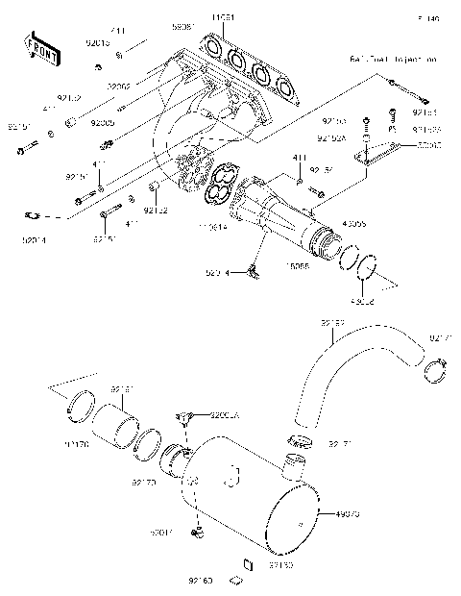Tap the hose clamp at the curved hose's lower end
(x=301, y=441)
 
